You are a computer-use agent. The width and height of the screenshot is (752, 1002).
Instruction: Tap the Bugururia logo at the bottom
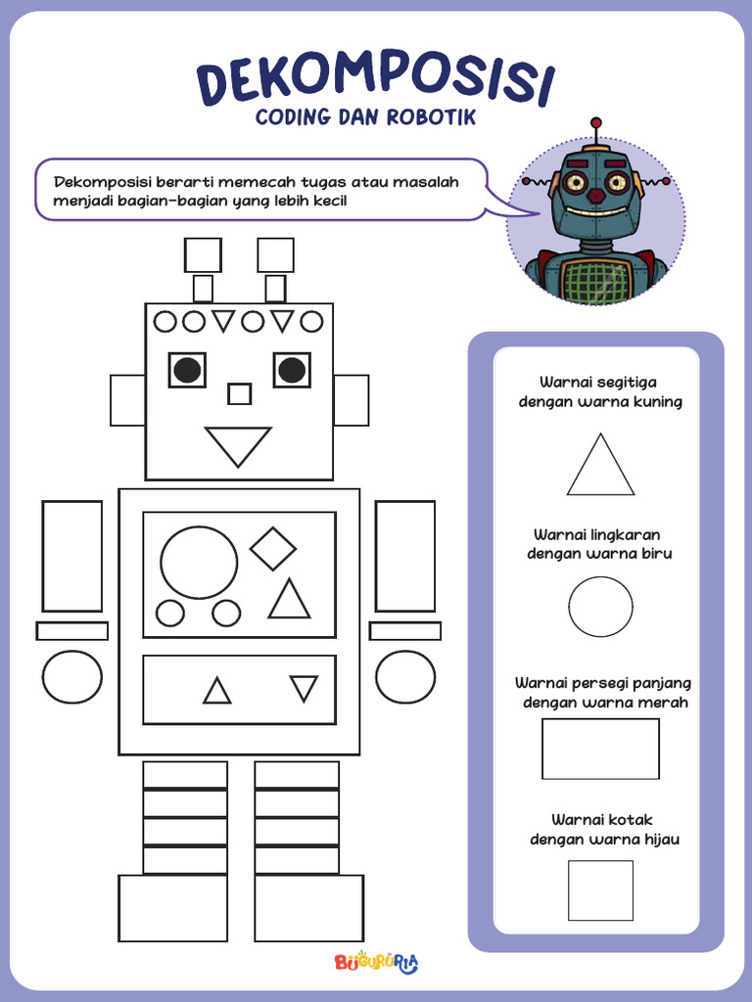point(376,963)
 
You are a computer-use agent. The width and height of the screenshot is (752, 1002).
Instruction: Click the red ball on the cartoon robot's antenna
point(595,123)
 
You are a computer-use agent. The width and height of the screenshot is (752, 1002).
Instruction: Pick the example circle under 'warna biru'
point(600,607)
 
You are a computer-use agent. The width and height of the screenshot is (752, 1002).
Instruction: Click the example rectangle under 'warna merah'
point(600,749)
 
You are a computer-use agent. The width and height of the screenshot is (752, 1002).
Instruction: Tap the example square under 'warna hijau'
point(600,890)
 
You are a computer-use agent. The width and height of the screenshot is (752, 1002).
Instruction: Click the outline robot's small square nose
point(239,393)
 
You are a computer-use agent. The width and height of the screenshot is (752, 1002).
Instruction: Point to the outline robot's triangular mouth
point(238,444)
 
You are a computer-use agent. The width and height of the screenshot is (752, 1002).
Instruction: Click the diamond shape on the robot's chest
point(273,548)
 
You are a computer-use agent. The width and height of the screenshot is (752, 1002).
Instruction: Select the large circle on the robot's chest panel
point(199,562)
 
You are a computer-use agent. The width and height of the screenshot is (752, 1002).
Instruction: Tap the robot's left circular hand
point(71,677)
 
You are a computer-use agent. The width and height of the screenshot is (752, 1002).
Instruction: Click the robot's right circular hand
point(405,677)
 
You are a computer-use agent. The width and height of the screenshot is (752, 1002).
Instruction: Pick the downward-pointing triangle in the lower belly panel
point(304,688)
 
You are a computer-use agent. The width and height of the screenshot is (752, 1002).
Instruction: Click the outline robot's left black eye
point(187,370)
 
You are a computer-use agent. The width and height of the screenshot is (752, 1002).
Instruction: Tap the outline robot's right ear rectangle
point(351,400)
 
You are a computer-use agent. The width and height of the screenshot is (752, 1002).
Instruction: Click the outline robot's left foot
point(172,908)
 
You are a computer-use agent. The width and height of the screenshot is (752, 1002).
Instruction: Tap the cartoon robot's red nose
point(595,196)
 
